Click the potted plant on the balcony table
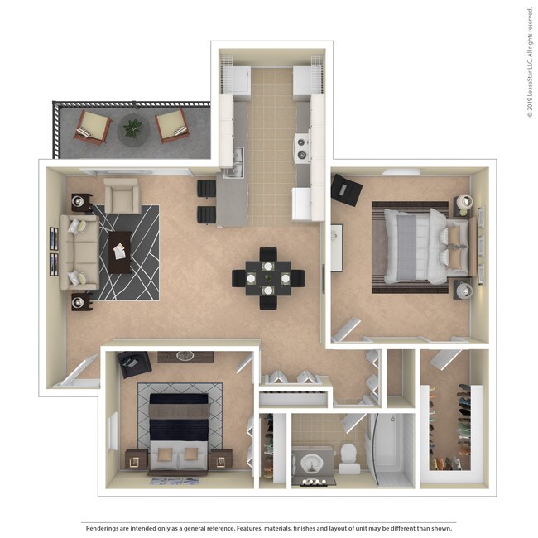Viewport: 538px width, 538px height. (x=132, y=128)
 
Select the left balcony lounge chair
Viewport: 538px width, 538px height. (x=93, y=127)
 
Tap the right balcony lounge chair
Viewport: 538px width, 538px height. (x=171, y=125)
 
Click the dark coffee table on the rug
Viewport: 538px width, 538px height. (x=120, y=252)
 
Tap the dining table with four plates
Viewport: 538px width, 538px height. (x=268, y=278)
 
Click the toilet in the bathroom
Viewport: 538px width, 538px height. (x=348, y=458)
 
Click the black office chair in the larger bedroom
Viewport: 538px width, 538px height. (x=346, y=190)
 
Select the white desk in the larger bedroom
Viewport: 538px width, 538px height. (x=336, y=247)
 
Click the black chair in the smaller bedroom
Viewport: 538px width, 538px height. (x=132, y=363)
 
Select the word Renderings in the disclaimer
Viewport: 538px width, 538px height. (x=103, y=527)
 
